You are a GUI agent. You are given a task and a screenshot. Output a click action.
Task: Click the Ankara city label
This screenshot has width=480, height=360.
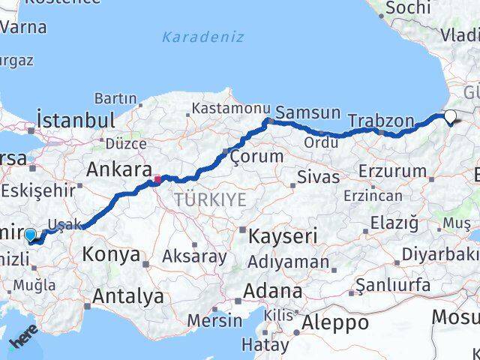(x=119, y=169)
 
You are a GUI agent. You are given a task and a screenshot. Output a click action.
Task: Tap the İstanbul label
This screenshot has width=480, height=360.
(x=76, y=120)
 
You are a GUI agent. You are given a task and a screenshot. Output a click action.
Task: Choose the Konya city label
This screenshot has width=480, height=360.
(x=111, y=254)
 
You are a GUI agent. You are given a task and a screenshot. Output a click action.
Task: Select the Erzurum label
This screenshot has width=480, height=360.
(x=392, y=171)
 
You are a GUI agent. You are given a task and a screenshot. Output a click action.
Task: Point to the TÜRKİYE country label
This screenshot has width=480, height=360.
(x=210, y=199)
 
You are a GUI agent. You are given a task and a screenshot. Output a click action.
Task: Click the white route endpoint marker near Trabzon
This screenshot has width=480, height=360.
(x=450, y=116)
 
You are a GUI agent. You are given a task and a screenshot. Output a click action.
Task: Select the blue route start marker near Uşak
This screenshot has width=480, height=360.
(x=30, y=235)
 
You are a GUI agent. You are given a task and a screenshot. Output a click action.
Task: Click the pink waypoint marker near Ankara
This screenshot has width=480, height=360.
(x=157, y=179)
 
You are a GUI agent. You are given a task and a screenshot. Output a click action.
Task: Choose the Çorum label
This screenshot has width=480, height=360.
(x=256, y=157)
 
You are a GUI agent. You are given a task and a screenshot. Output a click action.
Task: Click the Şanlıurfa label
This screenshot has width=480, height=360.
(x=393, y=286)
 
